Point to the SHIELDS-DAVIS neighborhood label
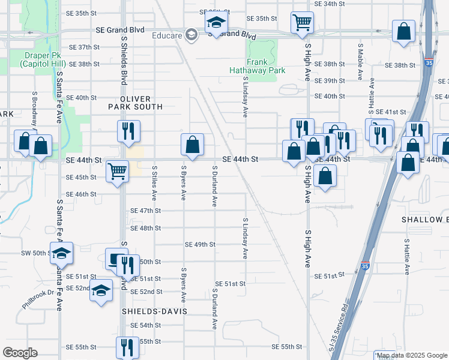pyautogui.click(x=154, y=311)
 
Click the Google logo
pyautogui.click(x=20, y=353)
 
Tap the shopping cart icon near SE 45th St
pyautogui.click(x=117, y=171)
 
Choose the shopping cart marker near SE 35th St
pyautogui.click(x=302, y=23)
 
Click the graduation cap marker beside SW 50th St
pyautogui.click(x=61, y=254)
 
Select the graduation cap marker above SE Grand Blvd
pyautogui.click(x=214, y=23)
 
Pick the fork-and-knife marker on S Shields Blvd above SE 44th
pyautogui.click(x=128, y=131)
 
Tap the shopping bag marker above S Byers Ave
pyautogui.click(x=192, y=144)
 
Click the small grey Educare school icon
pyautogui.click(x=191, y=34)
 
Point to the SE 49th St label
pyautogui.click(x=200, y=245)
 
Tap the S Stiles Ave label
pyautogui.click(x=154, y=182)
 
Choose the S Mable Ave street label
pyautogui.click(x=360, y=62)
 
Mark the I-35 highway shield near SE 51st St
pyautogui.click(x=366, y=265)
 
